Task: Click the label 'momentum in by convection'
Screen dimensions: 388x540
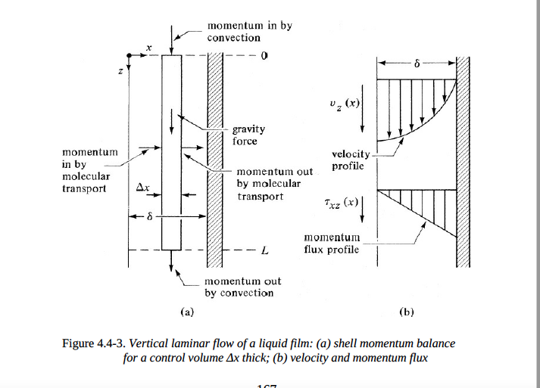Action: click(x=249, y=32)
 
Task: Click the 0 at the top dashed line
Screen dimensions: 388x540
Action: click(x=265, y=55)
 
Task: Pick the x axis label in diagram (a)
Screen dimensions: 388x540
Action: click(x=148, y=48)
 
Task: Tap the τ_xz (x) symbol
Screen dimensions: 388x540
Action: click(x=337, y=203)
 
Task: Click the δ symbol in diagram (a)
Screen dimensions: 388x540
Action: click(x=149, y=217)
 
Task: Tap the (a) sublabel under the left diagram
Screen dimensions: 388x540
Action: click(x=186, y=310)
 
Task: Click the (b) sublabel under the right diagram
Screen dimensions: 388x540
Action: click(x=406, y=311)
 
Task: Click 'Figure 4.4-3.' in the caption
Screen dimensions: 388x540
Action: click(x=95, y=343)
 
